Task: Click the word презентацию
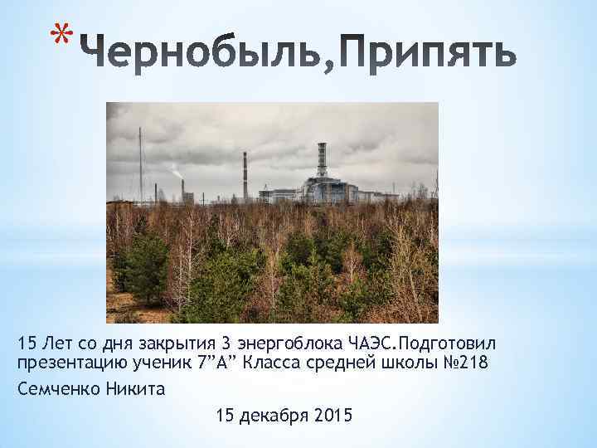[66, 363]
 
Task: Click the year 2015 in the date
[333, 414]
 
